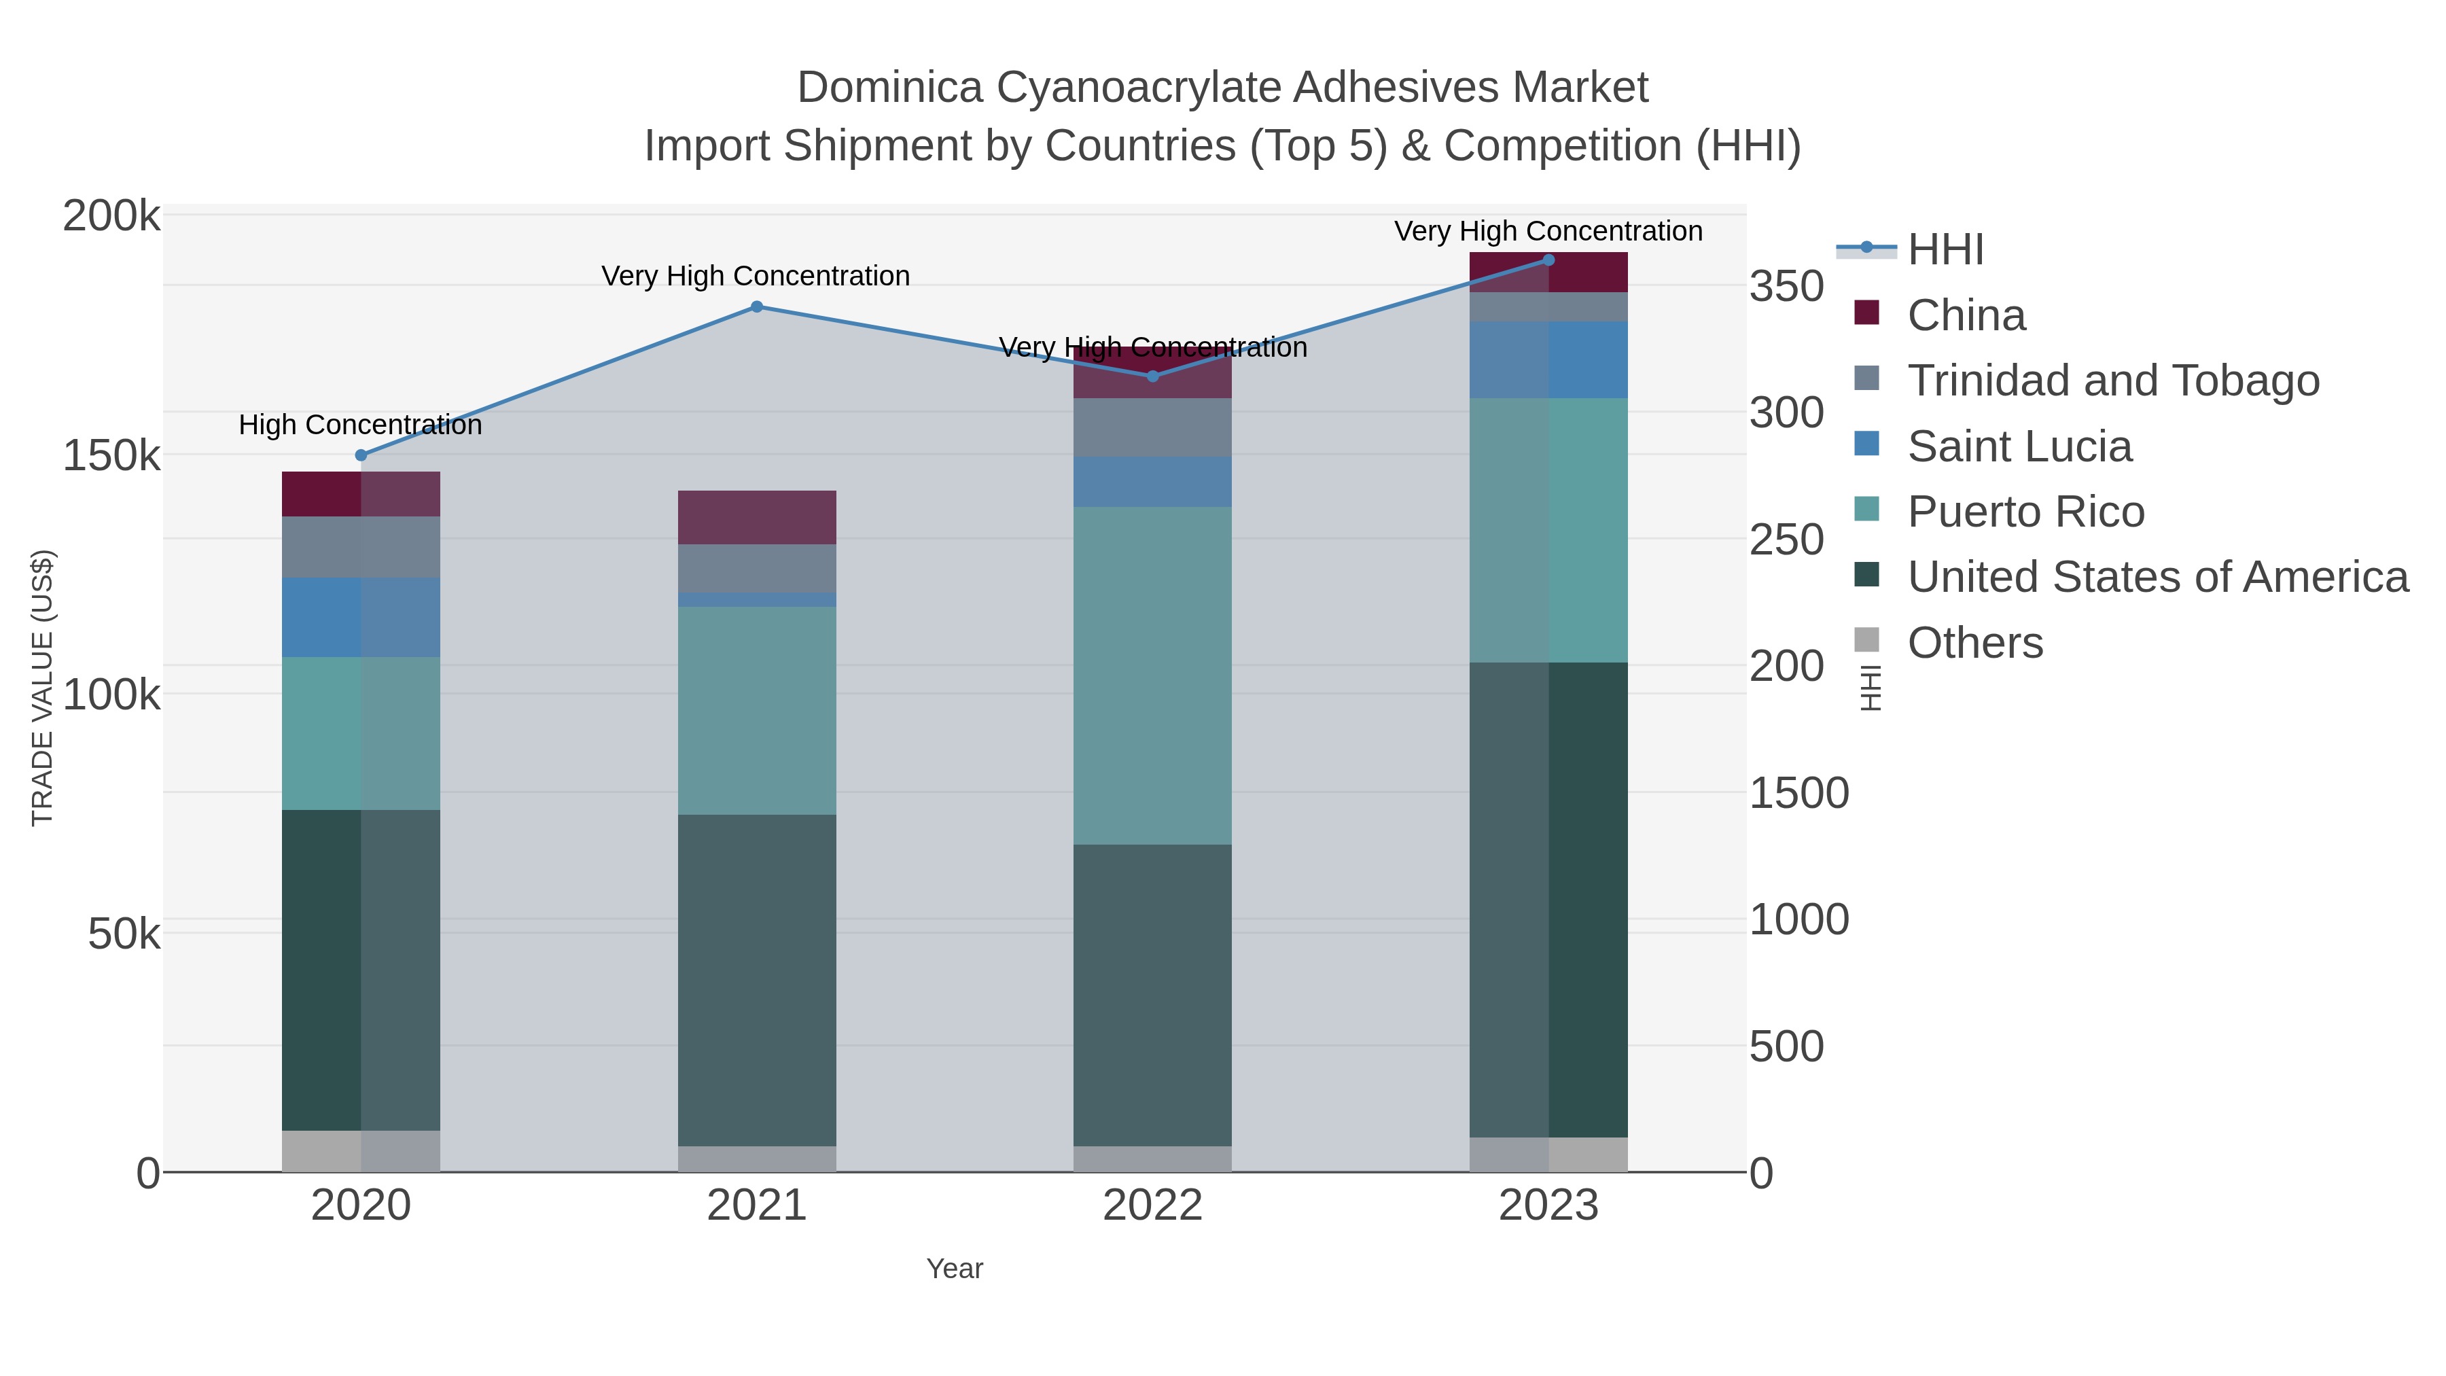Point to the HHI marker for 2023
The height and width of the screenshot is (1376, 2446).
(1548, 260)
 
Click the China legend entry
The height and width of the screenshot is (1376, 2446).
(1966, 315)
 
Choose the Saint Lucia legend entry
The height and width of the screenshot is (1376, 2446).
(2019, 446)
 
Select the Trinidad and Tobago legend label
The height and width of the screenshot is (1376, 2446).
(2112, 381)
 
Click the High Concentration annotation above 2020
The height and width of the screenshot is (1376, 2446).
(361, 425)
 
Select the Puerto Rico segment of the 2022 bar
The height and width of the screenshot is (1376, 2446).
(1153, 675)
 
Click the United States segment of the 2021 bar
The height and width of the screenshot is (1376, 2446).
(757, 980)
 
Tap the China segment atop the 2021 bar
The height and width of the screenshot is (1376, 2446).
(757, 518)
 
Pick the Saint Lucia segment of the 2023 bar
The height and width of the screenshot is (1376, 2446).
(1548, 360)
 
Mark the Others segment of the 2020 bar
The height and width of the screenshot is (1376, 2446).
(361, 1151)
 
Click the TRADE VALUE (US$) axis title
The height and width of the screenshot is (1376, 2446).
(43, 688)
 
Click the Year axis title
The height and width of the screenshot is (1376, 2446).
(955, 1269)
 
